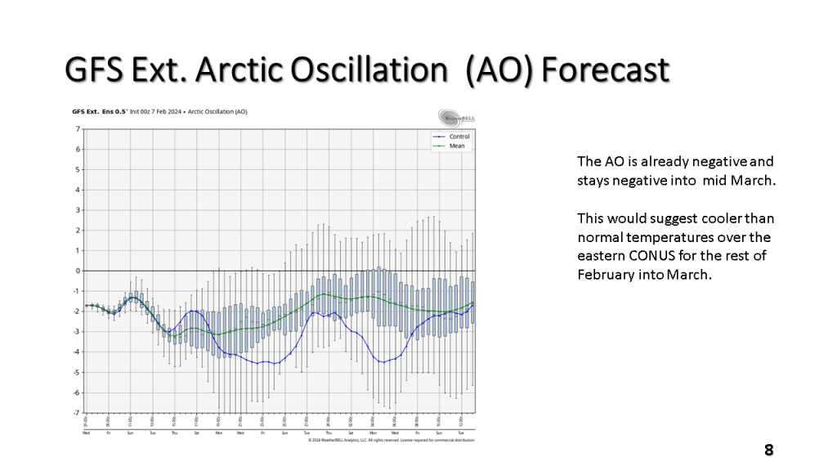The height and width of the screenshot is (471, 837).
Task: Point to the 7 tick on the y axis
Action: pyautogui.click(x=77, y=129)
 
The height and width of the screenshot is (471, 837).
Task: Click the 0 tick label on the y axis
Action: pyautogui.click(x=77, y=271)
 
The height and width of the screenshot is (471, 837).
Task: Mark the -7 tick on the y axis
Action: pyautogui.click(x=76, y=413)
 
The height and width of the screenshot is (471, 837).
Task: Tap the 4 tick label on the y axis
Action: pyautogui.click(x=77, y=190)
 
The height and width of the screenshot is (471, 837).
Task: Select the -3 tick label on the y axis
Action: pyautogui.click(x=76, y=332)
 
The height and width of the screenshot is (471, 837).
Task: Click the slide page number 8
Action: pyautogui.click(x=768, y=450)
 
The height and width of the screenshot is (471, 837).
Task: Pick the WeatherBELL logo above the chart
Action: pyautogui.click(x=456, y=116)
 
